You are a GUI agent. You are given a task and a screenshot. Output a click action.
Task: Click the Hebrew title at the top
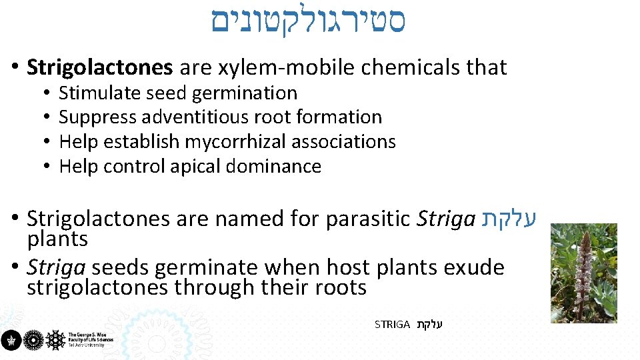point(309,22)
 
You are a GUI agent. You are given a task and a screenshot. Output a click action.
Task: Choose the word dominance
point(273,166)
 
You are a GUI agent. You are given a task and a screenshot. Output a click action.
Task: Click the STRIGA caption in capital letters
point(392,325)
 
